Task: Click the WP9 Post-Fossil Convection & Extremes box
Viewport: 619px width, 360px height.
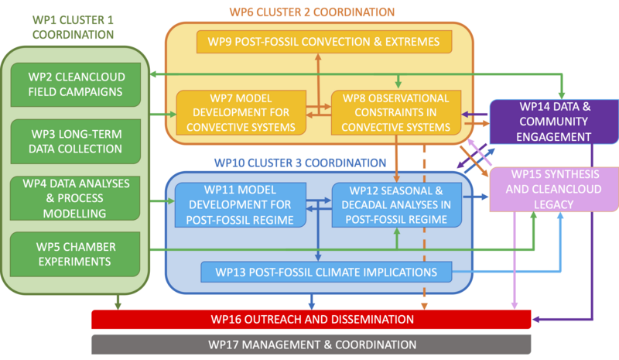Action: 319,42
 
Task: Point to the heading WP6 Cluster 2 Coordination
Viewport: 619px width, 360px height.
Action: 319,11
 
